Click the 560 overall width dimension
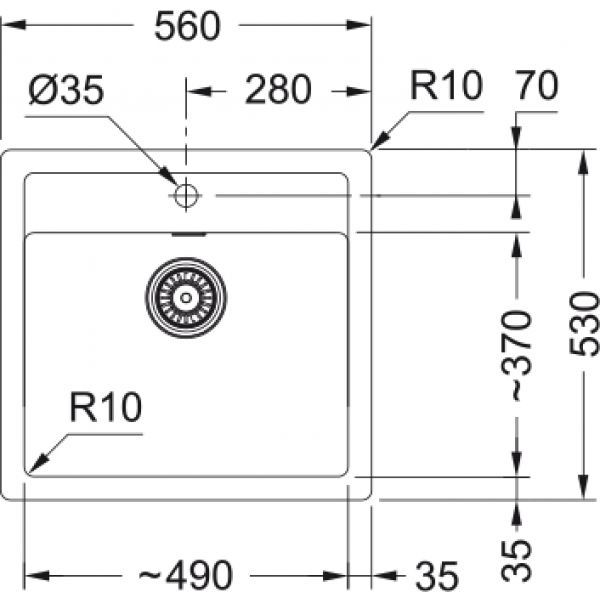pos(188,26)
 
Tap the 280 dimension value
pos(278,90)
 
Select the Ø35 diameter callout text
pos(66,90)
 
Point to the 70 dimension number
pos(537,85)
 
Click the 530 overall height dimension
pos(583,324)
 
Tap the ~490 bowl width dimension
pos(185,575)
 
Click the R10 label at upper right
pos(446,85)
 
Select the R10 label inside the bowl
pos(106,407)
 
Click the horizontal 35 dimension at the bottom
pos(437,575)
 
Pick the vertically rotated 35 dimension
pos(517,559)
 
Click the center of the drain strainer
pos(186,298)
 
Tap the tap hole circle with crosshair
pos(186,196)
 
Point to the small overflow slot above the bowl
pos(189,234)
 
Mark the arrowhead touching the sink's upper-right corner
pos(380,140)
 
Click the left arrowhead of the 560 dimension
pos(14,26)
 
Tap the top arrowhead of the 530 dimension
pos(583,162)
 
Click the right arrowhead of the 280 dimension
pos(359,92)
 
